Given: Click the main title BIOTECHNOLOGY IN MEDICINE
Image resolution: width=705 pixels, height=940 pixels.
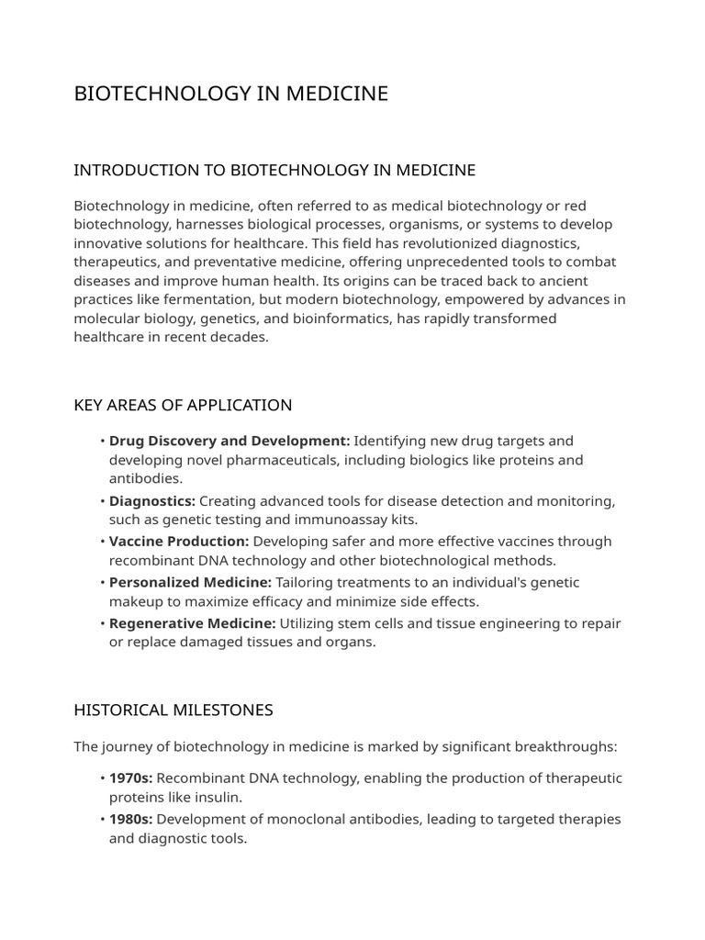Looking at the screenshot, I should [x=230, y=94].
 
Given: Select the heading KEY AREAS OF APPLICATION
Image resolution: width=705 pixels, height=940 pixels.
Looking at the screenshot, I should [x=183, y=405].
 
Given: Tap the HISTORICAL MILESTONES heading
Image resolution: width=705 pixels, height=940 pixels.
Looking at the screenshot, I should [x=173, y=710].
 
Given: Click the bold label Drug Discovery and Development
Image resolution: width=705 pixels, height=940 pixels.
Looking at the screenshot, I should [x=229, y=441].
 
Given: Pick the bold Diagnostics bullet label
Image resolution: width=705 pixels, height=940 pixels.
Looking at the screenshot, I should [x=152, y=500].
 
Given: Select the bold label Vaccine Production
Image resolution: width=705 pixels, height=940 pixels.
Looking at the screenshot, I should [x=179, y=541].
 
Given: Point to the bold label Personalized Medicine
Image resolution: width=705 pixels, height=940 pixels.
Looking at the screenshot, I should [x=190, y=582].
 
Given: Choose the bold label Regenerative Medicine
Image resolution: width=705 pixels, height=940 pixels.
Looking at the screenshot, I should [x=192, y=623].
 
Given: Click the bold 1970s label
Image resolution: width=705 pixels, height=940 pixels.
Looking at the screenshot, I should [x=131, y=778].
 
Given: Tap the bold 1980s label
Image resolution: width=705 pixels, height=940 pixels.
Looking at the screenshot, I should [x=131, y=819].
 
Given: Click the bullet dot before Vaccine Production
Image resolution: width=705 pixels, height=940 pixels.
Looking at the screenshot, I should [x=102, y=542].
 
